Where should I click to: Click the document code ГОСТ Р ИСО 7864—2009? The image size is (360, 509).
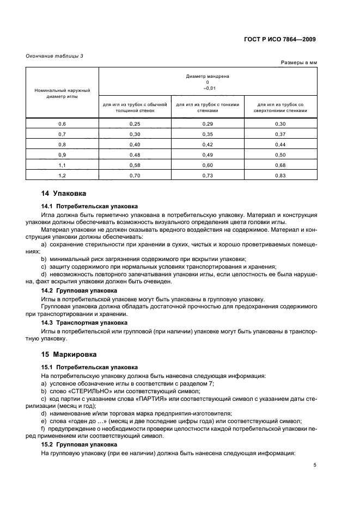click(x=280, y=40)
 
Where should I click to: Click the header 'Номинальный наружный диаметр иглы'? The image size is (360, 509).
click(x=62, y=93)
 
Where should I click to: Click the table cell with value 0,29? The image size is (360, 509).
click(x=208, y=124)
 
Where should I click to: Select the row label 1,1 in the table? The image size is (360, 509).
click(x=62, y=164)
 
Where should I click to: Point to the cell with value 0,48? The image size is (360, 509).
click(x=135, y=154)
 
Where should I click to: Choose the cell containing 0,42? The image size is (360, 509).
click(x=208, y=144)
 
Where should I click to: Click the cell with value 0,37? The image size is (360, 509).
click(x=280, y=134)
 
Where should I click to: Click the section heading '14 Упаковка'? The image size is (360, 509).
click(x=63, y=194)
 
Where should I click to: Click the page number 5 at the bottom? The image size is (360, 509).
click(x=315, y=465)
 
